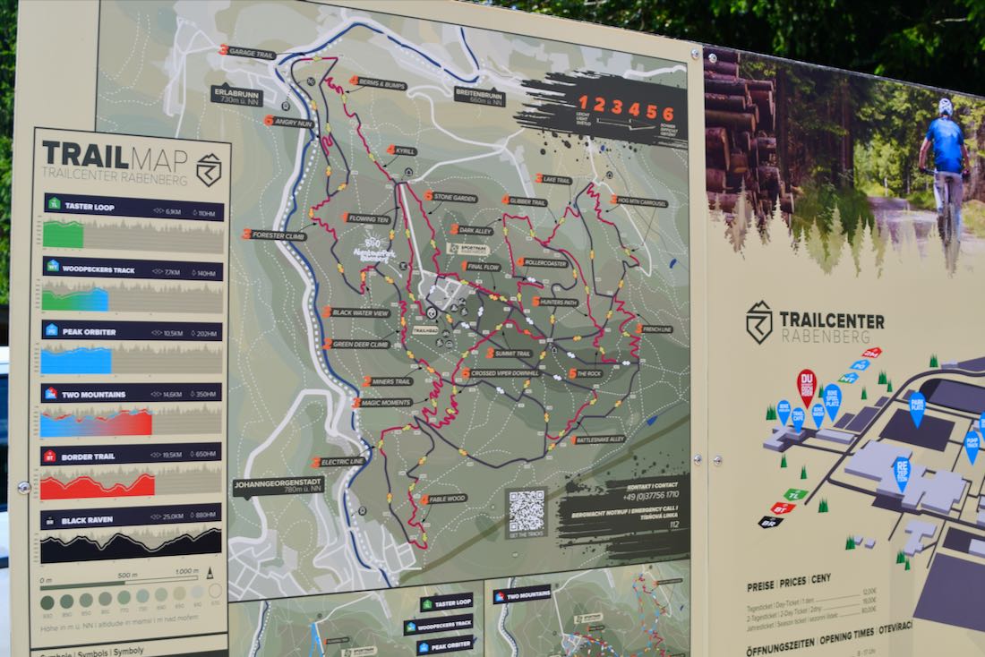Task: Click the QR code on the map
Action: pos(527,511)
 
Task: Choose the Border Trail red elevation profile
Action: pos(98,486)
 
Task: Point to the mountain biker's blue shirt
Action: pos(946,144)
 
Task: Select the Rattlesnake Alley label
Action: pos(599,439)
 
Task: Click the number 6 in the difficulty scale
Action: pos(667,112)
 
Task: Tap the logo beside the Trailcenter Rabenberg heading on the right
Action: pos(759,322)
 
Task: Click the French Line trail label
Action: pos(655,329)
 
